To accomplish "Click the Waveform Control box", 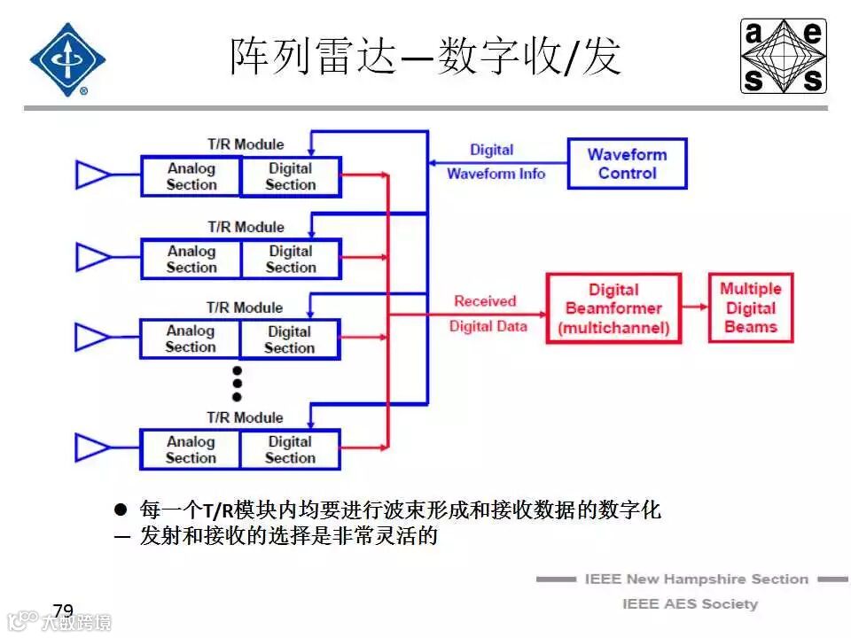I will click(x=627, y=163).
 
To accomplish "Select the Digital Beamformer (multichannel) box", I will click(x=613, y=309).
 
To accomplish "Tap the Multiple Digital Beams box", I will click(x=750, y=308).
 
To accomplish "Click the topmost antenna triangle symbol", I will click(x=91, y=175).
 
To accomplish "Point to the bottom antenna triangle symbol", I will click(x=91, y=448).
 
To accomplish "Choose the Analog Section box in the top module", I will click(x=191, y=176).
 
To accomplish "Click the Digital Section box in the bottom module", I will click(x=290, y=449).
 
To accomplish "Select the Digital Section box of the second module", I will click(x=290, y=259).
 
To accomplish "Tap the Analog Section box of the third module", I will click(x=191, y=339).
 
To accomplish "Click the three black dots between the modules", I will click(x=237, y=383).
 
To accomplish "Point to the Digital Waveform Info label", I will click(x=495, y=162).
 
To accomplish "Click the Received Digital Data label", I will click(x=487, y=314).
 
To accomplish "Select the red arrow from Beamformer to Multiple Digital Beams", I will click(x=695, y=307).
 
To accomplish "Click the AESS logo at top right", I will click(x=784, y=56).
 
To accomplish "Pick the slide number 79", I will click(x=63, y=611).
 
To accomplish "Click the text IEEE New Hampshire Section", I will click(x=696, y=580).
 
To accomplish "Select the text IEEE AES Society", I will click(x=690, y=604).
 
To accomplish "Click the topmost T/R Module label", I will click(x=246, y=144).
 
